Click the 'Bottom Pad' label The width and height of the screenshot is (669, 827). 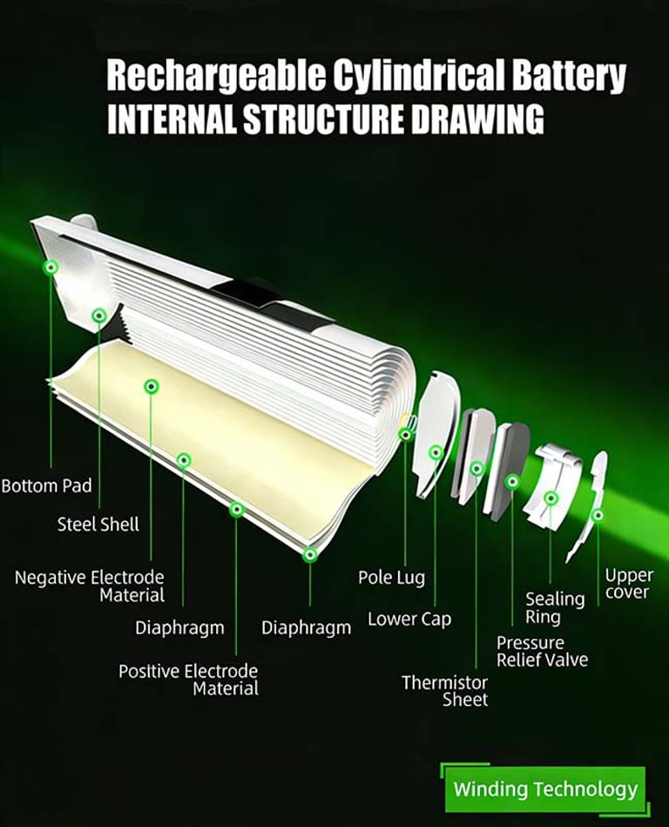point(46,485)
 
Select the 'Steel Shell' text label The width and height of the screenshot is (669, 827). point(98,525)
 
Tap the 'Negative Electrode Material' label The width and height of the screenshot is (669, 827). point(89,586)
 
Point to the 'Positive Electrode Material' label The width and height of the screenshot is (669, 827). point(188,680)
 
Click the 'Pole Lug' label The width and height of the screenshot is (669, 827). point(391,577)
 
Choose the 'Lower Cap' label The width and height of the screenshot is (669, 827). point(409,620)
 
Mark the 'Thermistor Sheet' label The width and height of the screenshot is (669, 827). point(444,690)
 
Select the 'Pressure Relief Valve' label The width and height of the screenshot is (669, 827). point(542,651)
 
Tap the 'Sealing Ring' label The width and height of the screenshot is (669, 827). point(555,607)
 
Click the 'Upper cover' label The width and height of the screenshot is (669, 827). point(628,584)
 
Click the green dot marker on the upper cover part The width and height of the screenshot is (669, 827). point(598,515)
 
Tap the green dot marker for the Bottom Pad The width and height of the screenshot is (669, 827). point(51,267)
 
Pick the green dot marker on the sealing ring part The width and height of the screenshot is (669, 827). point(551,498)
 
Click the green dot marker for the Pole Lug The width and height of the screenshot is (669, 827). point(405,434)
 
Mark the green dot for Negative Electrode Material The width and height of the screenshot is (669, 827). point(152,385)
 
